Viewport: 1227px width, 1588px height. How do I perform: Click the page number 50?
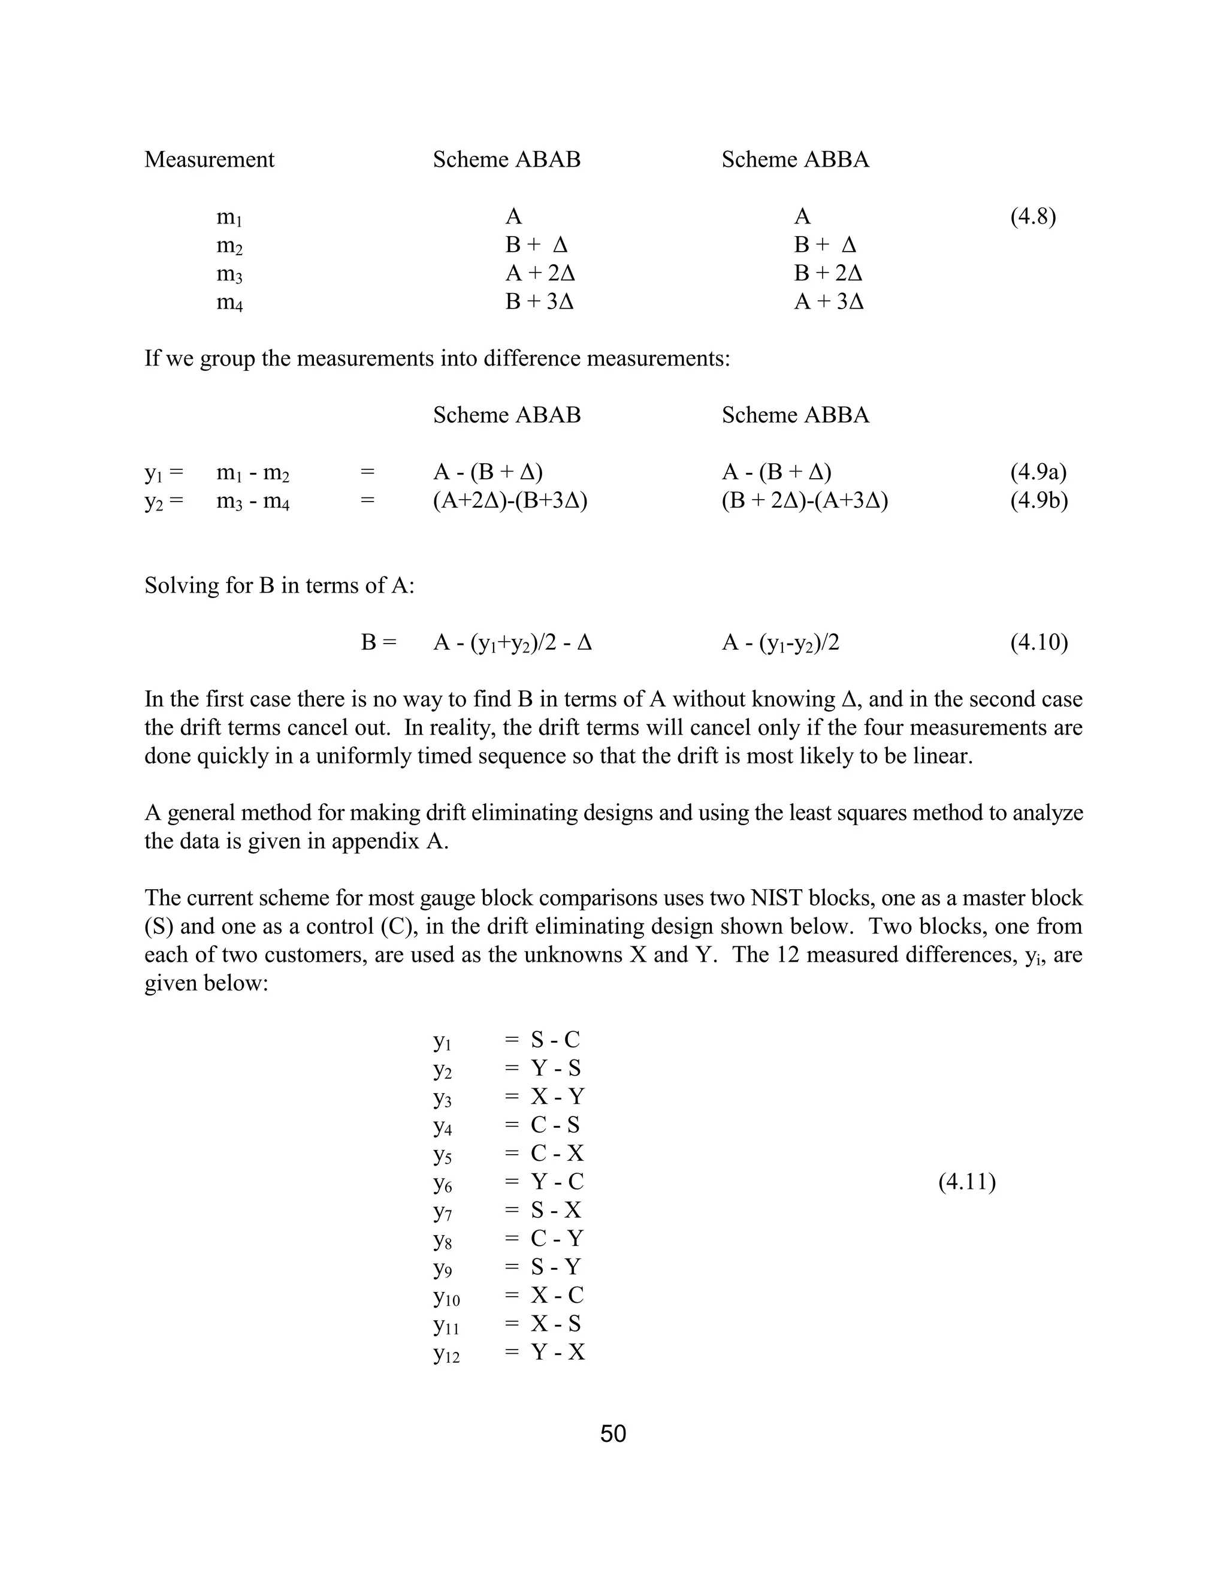613,1433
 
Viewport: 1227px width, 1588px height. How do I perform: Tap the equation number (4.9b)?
1039,500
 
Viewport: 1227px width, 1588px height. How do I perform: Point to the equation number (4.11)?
967,1182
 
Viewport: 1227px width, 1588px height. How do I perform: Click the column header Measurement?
209,159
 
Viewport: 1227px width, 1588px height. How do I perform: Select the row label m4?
229,302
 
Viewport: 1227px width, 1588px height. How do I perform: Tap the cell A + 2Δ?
540,273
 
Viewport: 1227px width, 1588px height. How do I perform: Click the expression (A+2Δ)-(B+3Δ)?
510,500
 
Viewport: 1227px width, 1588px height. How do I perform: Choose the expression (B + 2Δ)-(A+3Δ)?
805,500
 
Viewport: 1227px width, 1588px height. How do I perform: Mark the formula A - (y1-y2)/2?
780,643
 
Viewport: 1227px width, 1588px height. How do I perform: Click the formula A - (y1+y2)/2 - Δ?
512,643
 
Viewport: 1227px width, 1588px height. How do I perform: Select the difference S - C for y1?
555,1040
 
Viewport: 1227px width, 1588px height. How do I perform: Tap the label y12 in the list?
446,1353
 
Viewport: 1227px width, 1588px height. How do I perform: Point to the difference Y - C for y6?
557,1182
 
